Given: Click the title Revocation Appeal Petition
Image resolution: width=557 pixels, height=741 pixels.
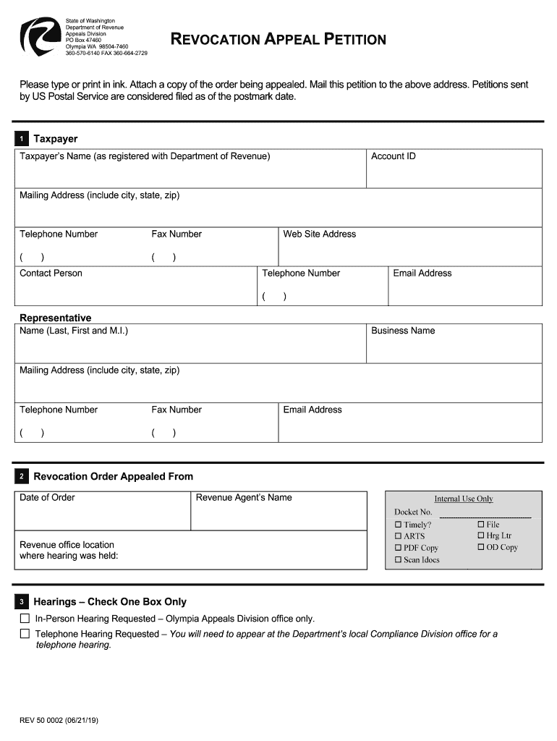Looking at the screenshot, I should click(278, 39).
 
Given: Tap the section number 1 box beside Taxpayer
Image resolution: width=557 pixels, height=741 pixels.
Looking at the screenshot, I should click(22, 138).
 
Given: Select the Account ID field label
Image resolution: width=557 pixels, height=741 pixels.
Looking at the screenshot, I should click(393, 156).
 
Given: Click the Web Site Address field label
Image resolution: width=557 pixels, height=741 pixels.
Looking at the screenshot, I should click(319, 234).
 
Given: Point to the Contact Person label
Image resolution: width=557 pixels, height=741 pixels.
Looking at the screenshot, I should click(51, 273).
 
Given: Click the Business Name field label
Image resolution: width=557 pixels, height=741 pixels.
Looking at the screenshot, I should click(403, 331).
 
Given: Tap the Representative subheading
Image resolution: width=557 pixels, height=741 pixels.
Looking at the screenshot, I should click(55, 318).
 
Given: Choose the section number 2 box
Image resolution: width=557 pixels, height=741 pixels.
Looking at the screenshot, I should click(22, 476).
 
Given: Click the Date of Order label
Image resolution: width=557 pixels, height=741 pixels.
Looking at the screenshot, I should click(47, 497).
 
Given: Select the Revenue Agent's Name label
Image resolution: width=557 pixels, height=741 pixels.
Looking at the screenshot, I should click(244, 497).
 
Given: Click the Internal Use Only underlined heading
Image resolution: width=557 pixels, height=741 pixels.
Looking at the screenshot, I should click(463, 499).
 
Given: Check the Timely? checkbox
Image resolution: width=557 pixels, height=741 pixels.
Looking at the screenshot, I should click(398, 525).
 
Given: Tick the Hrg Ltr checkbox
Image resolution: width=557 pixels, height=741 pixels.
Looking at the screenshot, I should click(480, 535).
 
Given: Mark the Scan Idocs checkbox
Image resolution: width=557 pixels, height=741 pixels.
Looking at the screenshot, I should click(398, 559).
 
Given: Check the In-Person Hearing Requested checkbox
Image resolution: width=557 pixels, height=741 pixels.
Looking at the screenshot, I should click(25, 619).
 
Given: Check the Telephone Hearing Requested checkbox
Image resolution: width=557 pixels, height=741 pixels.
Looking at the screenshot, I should click(25, 634).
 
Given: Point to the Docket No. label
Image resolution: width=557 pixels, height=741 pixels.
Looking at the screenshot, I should click(412, 512).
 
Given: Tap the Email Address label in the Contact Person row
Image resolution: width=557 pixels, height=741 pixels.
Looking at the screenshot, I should click(422, 273).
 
